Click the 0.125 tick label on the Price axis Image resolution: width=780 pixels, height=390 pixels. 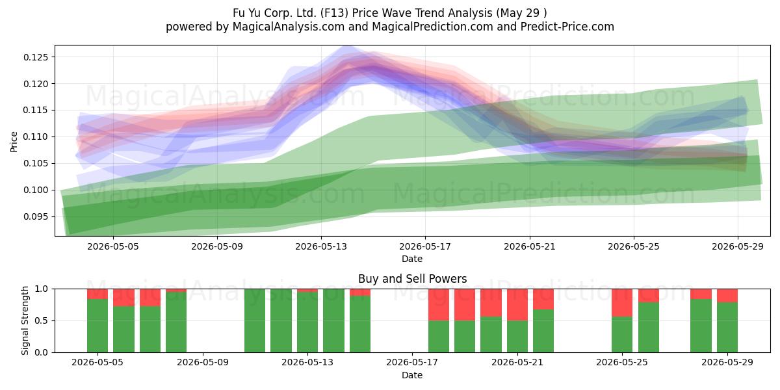coord(36,57)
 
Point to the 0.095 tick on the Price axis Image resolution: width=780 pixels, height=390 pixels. coord(36,216)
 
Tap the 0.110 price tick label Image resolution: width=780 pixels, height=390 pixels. coord(36,137)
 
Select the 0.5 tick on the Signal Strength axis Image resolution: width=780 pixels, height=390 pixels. coord(41,320)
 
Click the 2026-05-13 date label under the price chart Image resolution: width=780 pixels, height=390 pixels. coord(321,246)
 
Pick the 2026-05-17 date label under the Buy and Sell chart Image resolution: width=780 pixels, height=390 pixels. coord(412,363)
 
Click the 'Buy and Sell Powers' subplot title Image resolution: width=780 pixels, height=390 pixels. coord(412,279)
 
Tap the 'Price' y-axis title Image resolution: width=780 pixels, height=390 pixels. coord(14,142)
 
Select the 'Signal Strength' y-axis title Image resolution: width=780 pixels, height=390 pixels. coord(25,320)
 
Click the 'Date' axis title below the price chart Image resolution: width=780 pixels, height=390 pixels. coord(412,259)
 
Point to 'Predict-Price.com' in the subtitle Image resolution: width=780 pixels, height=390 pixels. coord(567,27)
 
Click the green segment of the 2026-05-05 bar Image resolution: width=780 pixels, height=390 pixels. coord(97,326)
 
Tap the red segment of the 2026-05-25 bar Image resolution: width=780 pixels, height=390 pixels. coord(622,303)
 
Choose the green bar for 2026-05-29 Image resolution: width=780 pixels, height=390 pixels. coord(727,328)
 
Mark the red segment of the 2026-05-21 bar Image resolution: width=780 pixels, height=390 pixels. coord(517,305)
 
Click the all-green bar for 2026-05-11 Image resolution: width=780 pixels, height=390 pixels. coord(255,320)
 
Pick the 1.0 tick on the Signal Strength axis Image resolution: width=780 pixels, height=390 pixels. coord(41,289)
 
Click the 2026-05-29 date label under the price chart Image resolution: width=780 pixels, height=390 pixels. coord(738,246)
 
